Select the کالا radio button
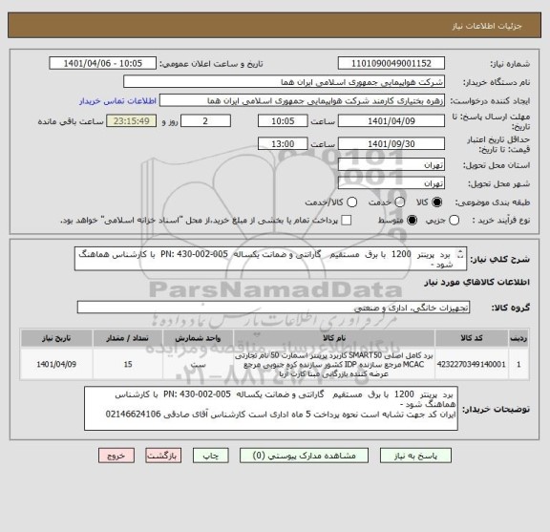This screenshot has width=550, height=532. [x=438, y=202]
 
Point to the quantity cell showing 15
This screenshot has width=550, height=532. [x=129, y=363]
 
